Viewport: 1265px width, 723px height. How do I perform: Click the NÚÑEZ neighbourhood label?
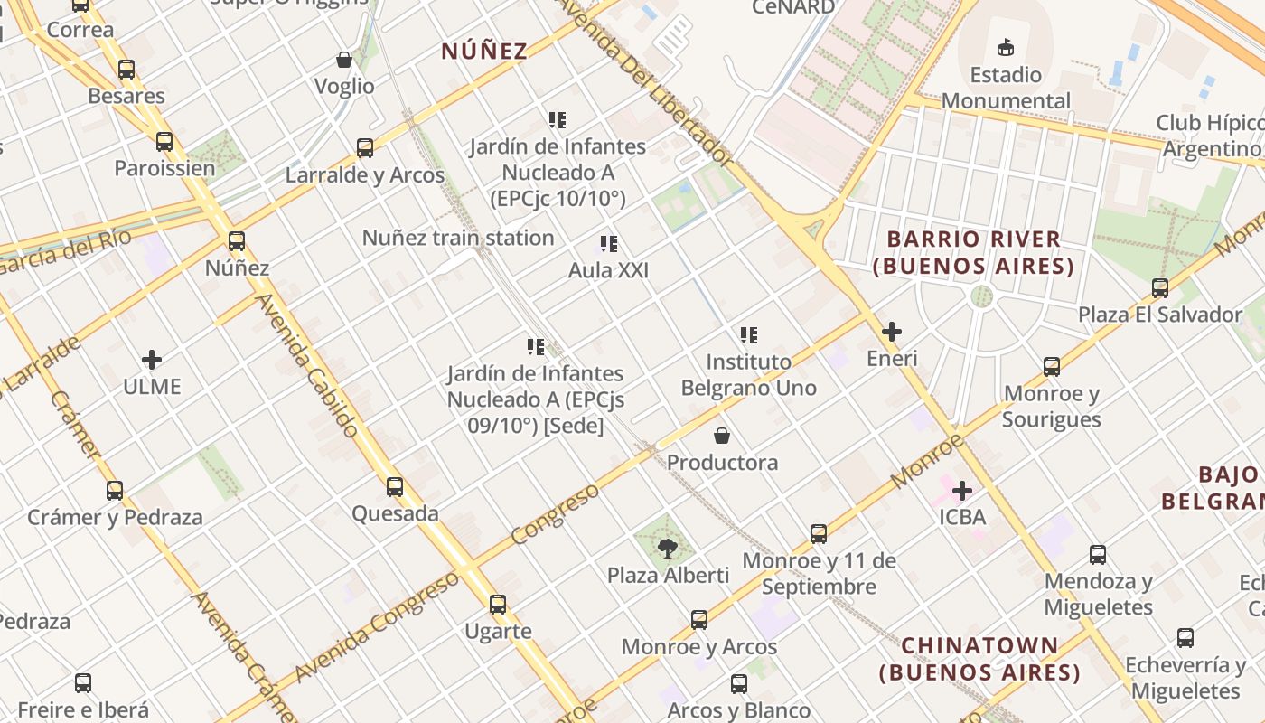(x=484, y=51)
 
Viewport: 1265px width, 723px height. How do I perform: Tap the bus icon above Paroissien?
(x=164, y=142)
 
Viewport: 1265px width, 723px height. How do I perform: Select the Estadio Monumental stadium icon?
(x=1006, y=47)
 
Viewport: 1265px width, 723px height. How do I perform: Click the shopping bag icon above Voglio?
(x=344, y=61)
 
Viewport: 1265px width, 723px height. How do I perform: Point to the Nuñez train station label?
(x=458, y=238)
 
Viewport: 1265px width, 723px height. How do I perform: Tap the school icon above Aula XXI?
(x=608, y=244)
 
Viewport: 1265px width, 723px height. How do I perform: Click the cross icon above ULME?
(x=152, y=361)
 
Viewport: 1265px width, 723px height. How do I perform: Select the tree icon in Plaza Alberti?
(x=667, y=548)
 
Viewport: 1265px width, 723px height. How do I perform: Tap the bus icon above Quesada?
(x=395, y=487)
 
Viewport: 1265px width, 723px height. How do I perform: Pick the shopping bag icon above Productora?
(x=722, y=437)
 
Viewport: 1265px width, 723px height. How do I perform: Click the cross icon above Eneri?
(x=892, y=332)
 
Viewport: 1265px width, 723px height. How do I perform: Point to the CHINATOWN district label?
(x=979, y=659)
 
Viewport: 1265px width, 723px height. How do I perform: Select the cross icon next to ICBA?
(x=962, y=491)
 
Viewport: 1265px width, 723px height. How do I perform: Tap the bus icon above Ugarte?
(x=498, y=605)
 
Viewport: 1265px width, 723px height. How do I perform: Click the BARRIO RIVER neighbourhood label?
(x=973, y=252)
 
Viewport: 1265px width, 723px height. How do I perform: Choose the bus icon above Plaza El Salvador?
(x=1160, y=288)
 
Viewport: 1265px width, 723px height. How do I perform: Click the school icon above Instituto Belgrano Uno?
(x=748, y=335)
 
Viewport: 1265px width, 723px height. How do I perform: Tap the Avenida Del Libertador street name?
(x=649, y=80)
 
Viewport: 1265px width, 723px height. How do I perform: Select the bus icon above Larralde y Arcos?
(x=365, y=148)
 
